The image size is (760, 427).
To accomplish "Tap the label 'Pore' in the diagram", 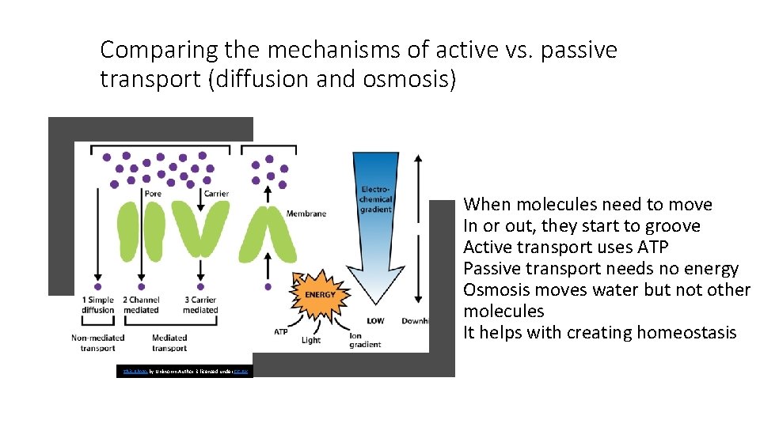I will tap(153, 194).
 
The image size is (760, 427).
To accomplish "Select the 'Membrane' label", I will tap(306, 213).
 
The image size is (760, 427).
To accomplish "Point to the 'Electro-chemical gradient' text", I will tap(375, 199).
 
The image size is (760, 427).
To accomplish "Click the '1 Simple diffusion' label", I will tap(99, 305).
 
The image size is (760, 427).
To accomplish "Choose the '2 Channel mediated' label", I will tap(141, 305).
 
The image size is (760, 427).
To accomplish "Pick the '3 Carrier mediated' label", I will tap(200, 305).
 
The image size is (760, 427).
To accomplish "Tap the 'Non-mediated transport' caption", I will tap(99, 342).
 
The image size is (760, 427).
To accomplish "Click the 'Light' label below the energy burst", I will tap(311, 340).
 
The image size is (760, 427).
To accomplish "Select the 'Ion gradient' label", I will tap(365, 340).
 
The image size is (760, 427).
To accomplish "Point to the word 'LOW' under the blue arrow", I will tap(375, 321).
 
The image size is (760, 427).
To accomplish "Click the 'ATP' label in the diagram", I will tap(280, 331).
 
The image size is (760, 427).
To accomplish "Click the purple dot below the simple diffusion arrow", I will tap(98, 286).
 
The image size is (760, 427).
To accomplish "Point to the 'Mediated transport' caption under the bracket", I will tap(169, 342).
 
